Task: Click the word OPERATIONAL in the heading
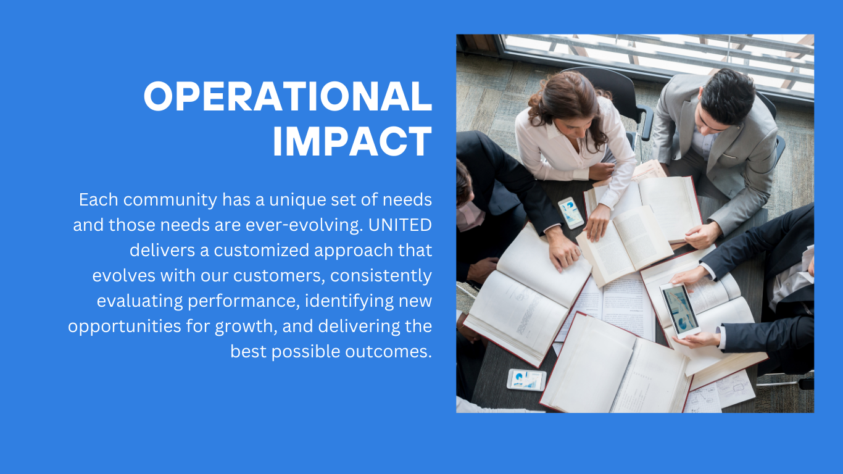coord(288,96)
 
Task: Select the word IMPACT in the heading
coord(352,141)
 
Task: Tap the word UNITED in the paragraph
coord(400,225)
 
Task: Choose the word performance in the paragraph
coord(244,301)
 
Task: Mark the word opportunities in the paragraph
coord(125,326)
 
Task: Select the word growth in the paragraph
coord(246,326)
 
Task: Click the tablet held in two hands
coord(679,309)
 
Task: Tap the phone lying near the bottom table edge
coord(526,380)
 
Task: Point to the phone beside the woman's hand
coord(571,213)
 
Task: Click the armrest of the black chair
coord(647,121)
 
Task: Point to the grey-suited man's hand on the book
coord(702,235)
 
